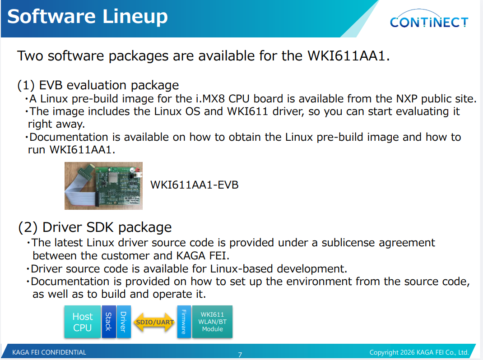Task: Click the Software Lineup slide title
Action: [88, 16]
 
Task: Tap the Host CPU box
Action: [83, 322]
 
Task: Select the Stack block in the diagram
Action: [109, 322]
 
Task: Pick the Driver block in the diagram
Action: [124, 322]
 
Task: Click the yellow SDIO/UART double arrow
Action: [155, 322]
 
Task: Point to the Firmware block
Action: [184, 322]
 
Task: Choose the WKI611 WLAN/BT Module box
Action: [212, 322]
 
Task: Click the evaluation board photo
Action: [103, 186]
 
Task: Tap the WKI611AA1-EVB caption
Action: [195, 185]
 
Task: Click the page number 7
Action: [240, 355]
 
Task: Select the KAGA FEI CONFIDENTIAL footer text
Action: [49, 352]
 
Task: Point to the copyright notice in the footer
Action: [419, 352]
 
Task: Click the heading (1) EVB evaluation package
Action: [98, 85]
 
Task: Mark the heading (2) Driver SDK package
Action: [95, 227]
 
